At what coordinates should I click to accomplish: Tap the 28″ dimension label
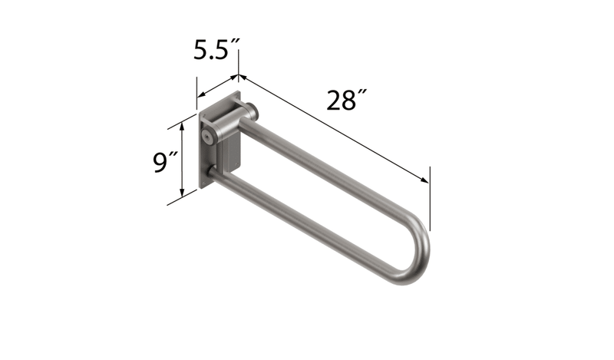(x=346, y=101)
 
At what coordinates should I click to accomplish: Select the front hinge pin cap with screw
(x=207, y=134)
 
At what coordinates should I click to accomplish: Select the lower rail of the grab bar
(x=307, y=223)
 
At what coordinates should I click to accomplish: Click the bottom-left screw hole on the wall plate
(x=203, y=182)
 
